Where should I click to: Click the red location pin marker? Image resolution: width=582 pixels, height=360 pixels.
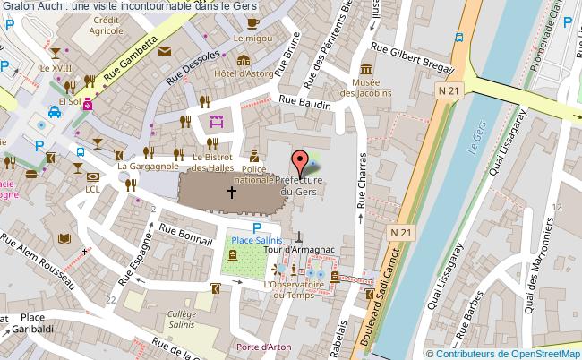pyautogui.click(x=302, y=162)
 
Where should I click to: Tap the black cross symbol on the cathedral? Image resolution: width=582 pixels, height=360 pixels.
pyautogui.click(x=232, y=192)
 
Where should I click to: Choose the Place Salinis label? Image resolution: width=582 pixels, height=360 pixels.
pyautogui.click(x=257, y=240)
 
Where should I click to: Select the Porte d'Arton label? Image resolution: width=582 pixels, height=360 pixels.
pyautogui.click(x=256, y=347)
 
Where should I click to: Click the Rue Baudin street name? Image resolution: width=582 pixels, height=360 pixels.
pyautogui.click(x=305, y=103)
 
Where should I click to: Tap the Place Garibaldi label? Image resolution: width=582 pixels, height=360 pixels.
pyautogui.click(x=33, y=323)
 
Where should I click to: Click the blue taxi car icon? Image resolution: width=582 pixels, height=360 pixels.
pyautogui.click(x=55, y=112)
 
